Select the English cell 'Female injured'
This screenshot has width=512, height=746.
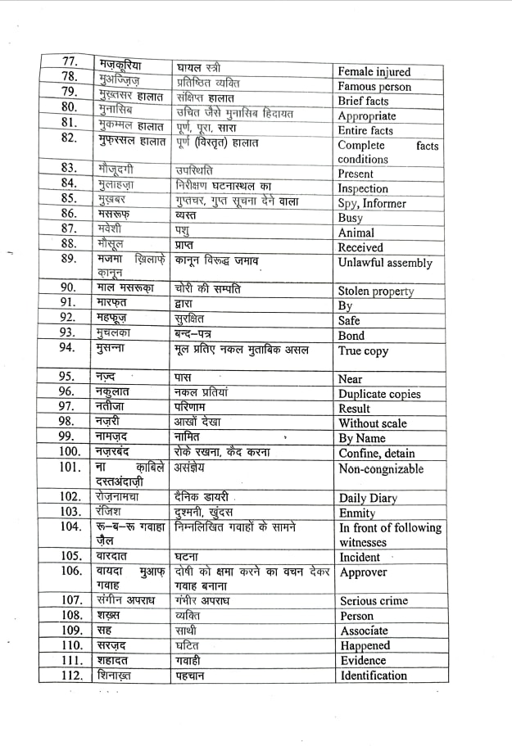tap(374, 72)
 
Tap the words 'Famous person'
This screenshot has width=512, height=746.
tap(374, 87)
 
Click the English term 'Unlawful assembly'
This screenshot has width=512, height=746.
tap(385, 263)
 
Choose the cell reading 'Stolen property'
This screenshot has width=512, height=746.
tap(376, 292)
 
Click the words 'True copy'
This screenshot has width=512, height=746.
tap(363, 350)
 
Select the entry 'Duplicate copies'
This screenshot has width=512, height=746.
tap(380, 394)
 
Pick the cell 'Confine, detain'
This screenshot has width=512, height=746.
tap(377, 453)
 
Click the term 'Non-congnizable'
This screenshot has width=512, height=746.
tap(382, 469)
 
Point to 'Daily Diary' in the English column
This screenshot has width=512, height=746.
tap(369, 498)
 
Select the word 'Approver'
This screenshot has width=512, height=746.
tap(363, 572)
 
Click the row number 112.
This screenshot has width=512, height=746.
tap(71, 676)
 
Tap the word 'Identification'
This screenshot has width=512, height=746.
tap(374, 676)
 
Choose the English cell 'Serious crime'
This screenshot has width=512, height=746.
tap(374, 601)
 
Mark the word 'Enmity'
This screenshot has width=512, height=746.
tap(357, 513)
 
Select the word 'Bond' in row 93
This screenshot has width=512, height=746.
tap(351, 336)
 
